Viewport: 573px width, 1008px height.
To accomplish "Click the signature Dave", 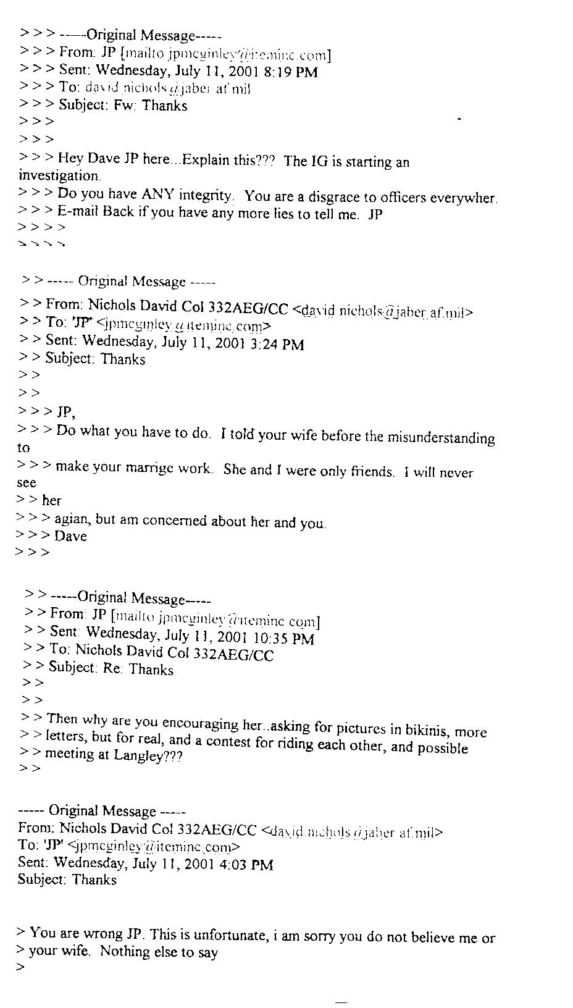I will point(70,536).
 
